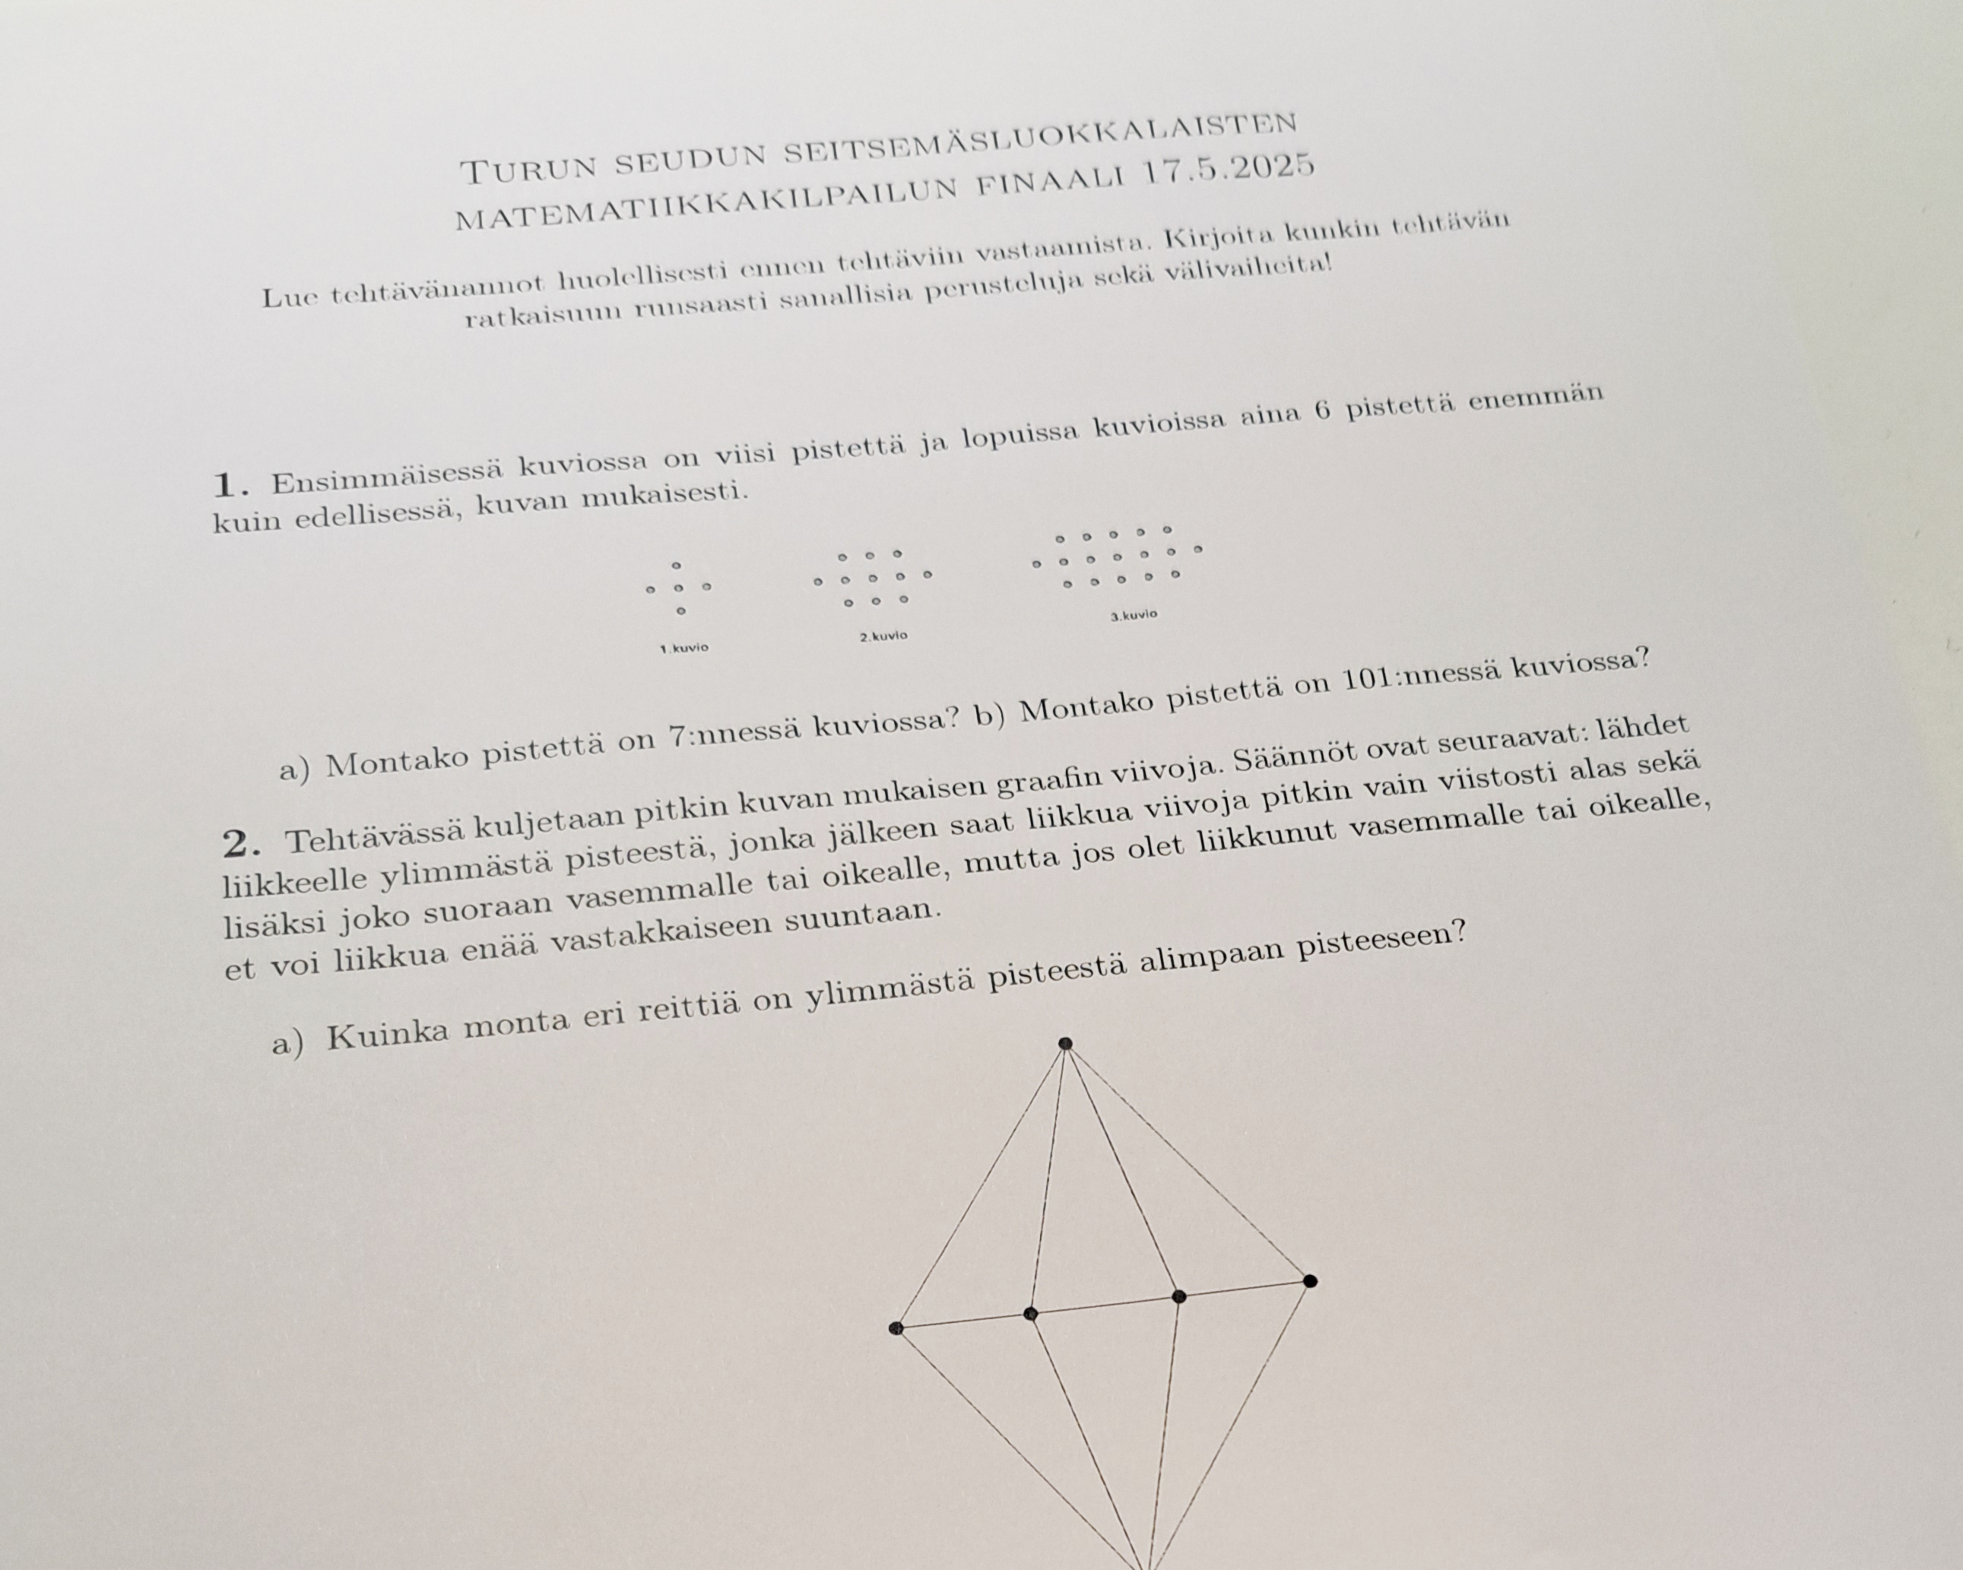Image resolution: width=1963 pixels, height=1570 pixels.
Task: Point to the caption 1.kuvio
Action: [x=683, y=649]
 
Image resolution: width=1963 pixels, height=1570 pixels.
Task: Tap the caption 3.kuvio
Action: [x=1134, y=615]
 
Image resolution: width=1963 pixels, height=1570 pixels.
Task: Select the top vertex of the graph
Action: [x=1065, y=1044]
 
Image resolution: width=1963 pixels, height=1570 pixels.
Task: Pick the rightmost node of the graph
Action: [x=1310, y=1281]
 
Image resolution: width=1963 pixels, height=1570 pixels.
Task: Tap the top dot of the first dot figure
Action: [x=677, y=566]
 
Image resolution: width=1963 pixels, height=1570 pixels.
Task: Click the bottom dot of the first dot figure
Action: [x=681, y=611]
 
